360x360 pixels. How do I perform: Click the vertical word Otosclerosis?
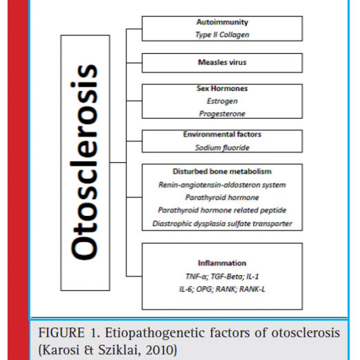click(x=84, y=162)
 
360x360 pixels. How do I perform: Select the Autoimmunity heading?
click(x=222, y=22)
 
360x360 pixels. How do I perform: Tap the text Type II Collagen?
click(x=222, y=35)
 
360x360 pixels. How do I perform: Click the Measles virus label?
click(x=222, y=62)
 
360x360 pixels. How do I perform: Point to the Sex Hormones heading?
click(x=222, y=88)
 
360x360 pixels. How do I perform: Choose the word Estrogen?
click(x=222, y=101)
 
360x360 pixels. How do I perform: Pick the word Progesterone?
click(x=222, y=114)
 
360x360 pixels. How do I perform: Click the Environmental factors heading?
click(x=222, y=134)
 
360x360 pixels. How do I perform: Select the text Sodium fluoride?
click(x=222, y=148)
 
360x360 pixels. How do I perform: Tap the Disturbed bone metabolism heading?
click(x=222, y=171)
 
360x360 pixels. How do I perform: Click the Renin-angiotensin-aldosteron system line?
click(x=222, y=185)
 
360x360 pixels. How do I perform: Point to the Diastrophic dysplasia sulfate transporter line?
click(x=222, y=223)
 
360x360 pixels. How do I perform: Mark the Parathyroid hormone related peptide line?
click(x=222, y=210)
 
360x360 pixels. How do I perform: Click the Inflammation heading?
click(x=222, y=263)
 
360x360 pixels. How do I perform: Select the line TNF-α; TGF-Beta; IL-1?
click(x=222, y=276)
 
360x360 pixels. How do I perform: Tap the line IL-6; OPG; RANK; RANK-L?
click(x=222, y=289)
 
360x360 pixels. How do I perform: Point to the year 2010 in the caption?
click(x=159, y=350)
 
